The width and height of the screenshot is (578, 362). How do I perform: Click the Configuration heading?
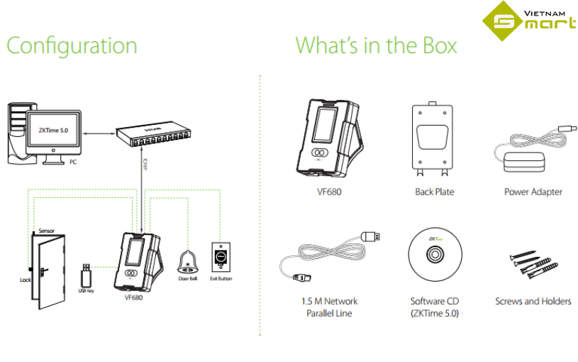click(x=72, y=46)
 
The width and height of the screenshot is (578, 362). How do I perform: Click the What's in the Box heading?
click(x=376, y=46)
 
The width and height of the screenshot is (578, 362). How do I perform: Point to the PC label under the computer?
click(x=72, y=162)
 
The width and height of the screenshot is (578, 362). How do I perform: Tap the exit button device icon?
click(x=221, y=256)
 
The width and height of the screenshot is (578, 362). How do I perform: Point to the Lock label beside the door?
click(x=26, y=280)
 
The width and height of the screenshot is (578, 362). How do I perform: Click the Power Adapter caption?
click(x=533, y=192)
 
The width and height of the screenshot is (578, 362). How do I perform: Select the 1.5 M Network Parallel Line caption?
click(x=329, y=307)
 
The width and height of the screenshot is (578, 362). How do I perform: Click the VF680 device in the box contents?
click(x=330, y=139)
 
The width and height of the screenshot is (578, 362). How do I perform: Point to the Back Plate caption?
click(x=434, y=192)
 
